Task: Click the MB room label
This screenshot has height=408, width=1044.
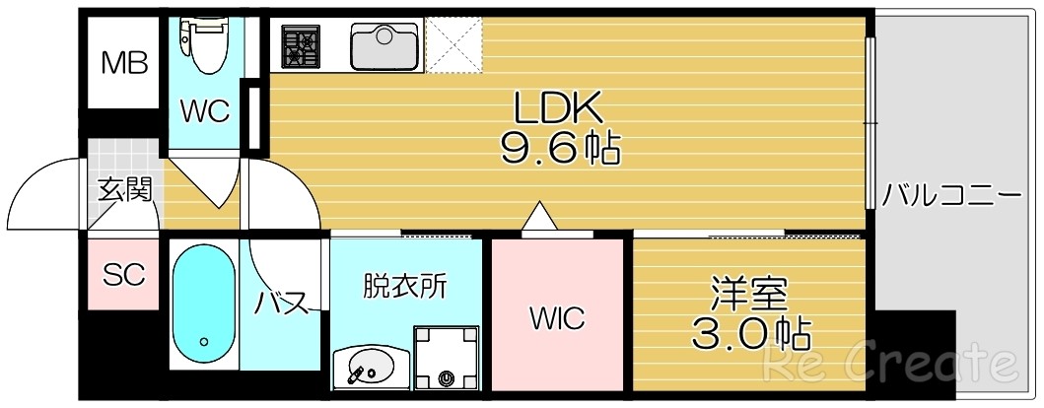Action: click(x=125, y=64)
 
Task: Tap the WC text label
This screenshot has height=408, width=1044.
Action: click(x=204, y=111)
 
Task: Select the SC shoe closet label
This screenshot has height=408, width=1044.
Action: click(x=124, y=274)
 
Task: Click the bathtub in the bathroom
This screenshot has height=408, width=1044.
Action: click(x=204, y=305)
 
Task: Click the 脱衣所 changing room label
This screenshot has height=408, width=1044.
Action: click(x=405, y=287)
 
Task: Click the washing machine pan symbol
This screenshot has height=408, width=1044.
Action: click(x=447, y=360)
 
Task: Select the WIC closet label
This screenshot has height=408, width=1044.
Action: click(x=557, y=318)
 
